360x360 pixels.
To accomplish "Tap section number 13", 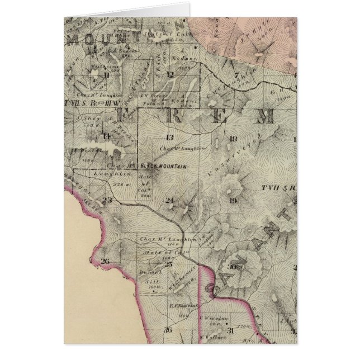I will [169, 138].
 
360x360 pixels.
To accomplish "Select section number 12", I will [170, 74].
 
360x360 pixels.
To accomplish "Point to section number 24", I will [169, 201].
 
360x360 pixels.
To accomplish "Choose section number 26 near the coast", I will [105, 261].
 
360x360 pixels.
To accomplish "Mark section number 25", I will [168, 263].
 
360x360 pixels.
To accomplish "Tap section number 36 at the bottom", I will [167, 330].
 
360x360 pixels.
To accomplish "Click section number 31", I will [230, 330].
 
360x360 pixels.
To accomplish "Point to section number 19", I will [233, 200].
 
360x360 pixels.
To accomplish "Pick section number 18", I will [234, 138].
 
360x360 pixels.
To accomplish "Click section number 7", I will [236, 75].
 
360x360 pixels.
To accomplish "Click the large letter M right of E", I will [264, 116].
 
